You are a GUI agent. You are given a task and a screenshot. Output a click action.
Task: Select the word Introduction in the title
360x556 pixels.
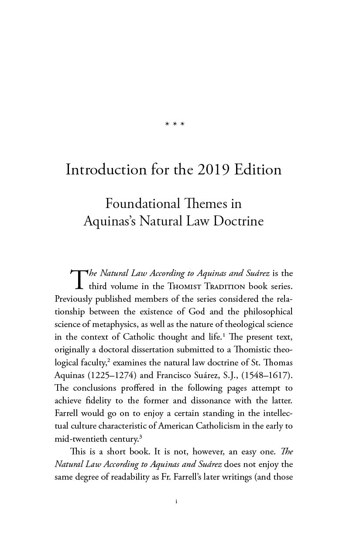[106, 169]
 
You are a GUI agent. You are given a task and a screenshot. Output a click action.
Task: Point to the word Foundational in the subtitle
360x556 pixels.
[143, 204]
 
